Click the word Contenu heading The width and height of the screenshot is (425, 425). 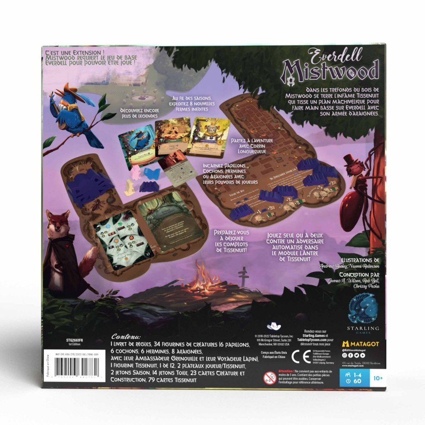126,336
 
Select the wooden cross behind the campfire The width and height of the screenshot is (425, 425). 243,276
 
